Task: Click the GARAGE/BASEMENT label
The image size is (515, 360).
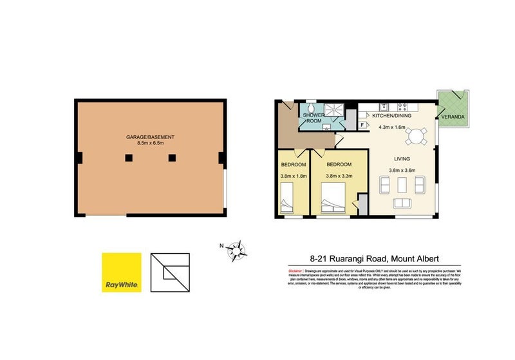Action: pos(151,137)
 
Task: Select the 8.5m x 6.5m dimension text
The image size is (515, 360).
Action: pos(151,146)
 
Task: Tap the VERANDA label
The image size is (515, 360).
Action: pos(452,117)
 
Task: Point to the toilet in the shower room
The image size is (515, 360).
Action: pos(311,109)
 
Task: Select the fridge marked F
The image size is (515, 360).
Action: pos(362,124)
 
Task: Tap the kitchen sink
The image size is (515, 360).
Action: pos(384,106)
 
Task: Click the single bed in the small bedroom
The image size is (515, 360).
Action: pos(288,197)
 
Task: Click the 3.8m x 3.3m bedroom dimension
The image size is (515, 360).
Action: pos(339,175)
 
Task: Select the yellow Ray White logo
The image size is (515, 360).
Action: pos(121,272)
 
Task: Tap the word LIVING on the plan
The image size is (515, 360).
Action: pos(403,158)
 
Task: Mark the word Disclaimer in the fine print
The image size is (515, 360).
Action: pos(295,270)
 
